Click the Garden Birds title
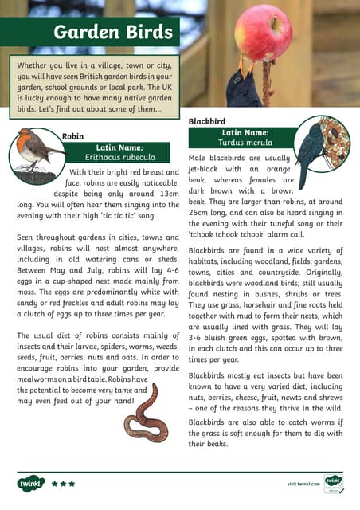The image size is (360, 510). point(112,33)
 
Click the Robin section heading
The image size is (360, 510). point(72,136)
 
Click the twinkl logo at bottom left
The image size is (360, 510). point(30,483)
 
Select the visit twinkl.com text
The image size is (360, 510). point(303,484)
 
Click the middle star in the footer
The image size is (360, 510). point(63,484)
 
